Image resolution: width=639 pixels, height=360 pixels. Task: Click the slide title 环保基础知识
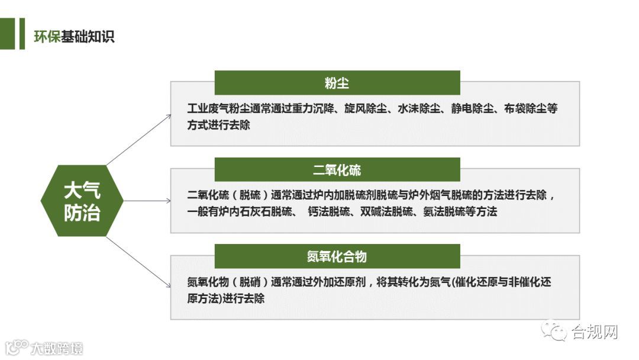pyautogui.click(x=75, y=36)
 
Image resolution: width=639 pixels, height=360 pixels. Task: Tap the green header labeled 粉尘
pyautogui.click(x=337, y=83)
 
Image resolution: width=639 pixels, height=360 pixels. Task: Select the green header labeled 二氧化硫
pyautogui.click(x=337, y=170)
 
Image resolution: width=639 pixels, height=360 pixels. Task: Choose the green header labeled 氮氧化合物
pyautogui.click(x=337, y=256)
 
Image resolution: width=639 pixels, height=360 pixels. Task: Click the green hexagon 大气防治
pyautogui.click(x=82, y=201)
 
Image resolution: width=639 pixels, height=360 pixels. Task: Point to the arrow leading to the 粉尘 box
pyautogui.click(x=139, y=138)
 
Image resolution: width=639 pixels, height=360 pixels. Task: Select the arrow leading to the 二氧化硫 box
pyautogui.click(x=147, y=201)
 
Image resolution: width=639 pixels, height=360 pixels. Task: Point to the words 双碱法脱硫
pyautogui.click(x=386, y=212)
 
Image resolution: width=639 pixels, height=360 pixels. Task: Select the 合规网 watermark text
pyautogui.click(x=595, y=332)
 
